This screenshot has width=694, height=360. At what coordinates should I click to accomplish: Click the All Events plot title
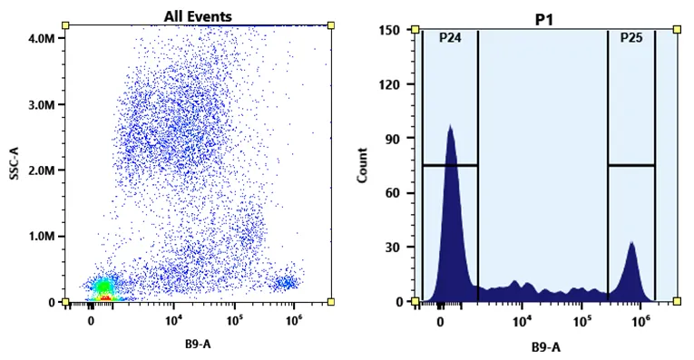(198, 17)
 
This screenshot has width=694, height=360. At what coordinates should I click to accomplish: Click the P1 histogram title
(544, 20)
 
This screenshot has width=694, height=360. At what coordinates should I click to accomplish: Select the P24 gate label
(450, 38)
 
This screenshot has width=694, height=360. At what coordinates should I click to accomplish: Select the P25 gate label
(631, 37)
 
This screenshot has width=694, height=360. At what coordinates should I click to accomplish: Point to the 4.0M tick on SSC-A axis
(42, 39)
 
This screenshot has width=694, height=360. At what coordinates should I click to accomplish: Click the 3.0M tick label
(42, 105)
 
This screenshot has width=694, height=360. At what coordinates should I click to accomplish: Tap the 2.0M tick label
(42, 170)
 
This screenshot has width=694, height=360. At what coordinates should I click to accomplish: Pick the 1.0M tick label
(42, 236)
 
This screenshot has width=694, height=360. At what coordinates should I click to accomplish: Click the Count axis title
(363, 165)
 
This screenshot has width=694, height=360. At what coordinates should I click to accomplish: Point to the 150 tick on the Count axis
(390, 30)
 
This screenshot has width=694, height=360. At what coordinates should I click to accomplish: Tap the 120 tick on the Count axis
(390, 84)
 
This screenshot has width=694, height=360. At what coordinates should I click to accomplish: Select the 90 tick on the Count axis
(393, 139)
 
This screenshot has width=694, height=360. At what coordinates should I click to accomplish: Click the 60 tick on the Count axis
(393, 193)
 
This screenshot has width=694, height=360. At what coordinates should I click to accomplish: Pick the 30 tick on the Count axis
(393, 248)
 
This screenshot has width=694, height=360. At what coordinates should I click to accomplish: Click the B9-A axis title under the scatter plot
(198, 344)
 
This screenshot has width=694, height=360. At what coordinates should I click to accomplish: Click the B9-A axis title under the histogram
(546, 347)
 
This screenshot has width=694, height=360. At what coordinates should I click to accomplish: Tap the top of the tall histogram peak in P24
(450, 125)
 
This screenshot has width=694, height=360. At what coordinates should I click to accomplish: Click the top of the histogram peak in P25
(631, 242)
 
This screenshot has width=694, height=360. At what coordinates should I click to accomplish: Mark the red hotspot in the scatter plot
(105, 298)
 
